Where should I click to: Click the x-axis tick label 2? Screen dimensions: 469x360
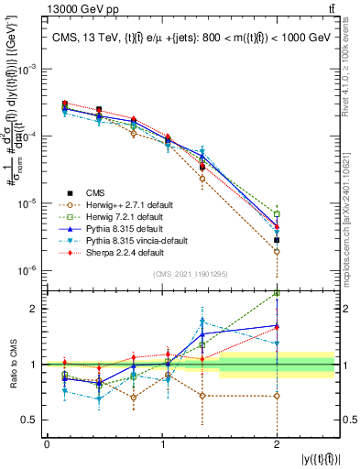coord(277,443)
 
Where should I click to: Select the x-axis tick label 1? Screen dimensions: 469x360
coord(162,443)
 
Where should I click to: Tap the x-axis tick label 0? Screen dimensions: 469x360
coord(47,443)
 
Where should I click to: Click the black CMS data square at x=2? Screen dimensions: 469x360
coord(277,240)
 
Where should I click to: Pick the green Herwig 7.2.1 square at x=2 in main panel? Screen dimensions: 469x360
coord(277,214)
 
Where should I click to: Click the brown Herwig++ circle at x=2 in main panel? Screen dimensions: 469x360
coord(277,251)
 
